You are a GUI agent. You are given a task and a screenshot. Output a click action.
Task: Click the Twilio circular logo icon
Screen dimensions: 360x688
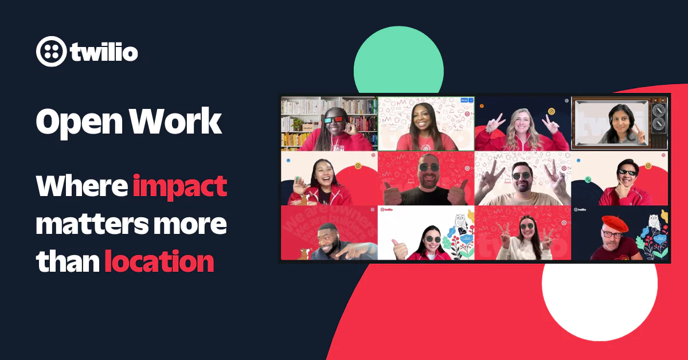(52, 52)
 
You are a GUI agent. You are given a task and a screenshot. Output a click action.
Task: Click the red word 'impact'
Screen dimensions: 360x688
(180, 186)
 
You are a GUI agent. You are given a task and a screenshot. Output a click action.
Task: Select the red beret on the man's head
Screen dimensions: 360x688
(615, 224)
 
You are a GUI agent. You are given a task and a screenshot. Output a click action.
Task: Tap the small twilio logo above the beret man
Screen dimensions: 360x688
(580, 209)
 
